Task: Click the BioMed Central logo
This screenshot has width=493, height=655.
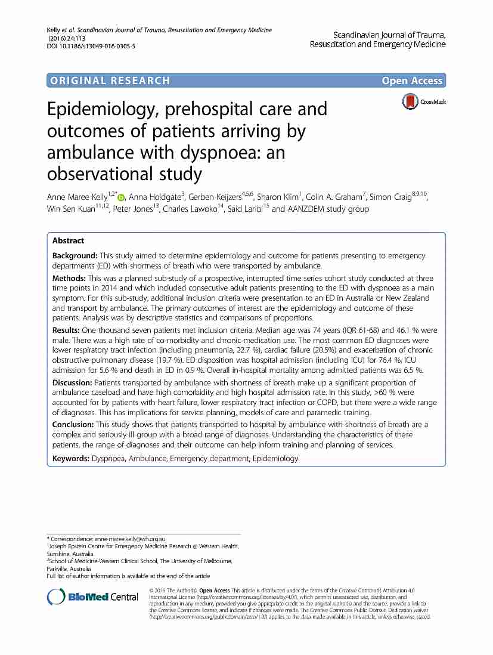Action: (x=93, y=597)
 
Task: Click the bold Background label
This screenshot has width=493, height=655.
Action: (x=75, y=255)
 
